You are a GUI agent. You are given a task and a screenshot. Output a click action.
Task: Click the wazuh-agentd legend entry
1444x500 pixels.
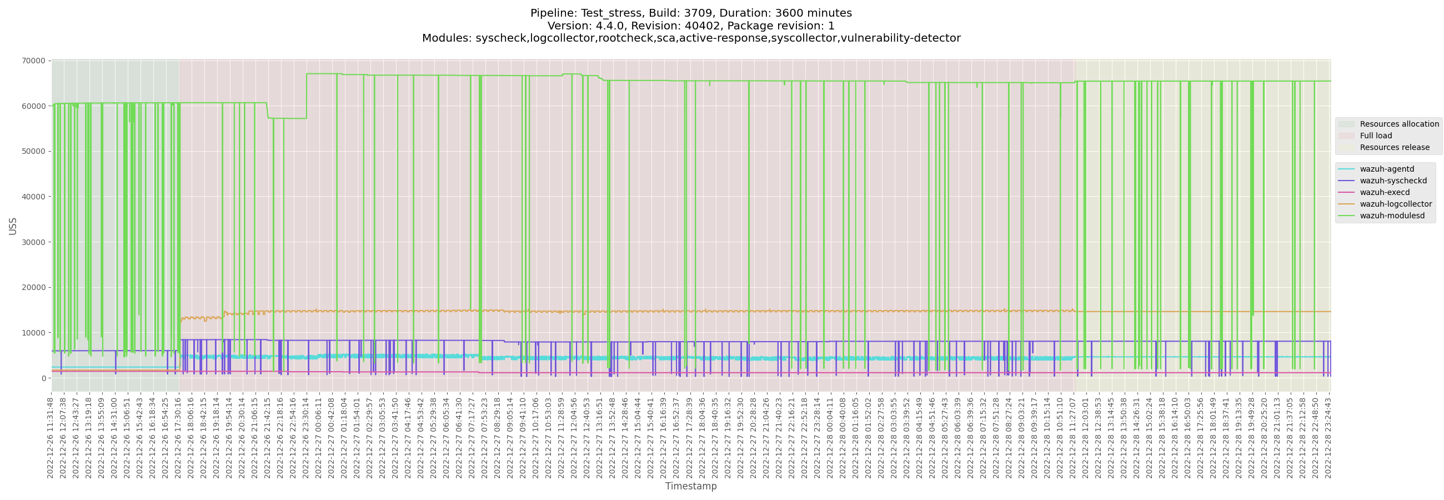point(1387,169)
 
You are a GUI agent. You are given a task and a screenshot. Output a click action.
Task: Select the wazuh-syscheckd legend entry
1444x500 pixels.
point(1393,181)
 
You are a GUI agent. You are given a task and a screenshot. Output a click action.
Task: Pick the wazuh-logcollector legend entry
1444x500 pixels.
point(1395,204)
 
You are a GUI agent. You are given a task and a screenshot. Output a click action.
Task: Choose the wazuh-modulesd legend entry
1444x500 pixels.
point(1392,216)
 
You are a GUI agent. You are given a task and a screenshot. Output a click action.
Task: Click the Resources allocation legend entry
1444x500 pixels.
point(1398,124)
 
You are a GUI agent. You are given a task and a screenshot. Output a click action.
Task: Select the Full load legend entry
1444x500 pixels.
point(1376,136)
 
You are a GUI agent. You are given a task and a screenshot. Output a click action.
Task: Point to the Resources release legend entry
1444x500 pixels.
point(1394,148)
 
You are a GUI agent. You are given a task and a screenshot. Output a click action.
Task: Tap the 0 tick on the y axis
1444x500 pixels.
point(43,379)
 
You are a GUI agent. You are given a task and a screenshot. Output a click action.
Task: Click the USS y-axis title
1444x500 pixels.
point(13,227)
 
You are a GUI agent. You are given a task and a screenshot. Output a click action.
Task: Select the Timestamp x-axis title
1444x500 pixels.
point(690,487)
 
